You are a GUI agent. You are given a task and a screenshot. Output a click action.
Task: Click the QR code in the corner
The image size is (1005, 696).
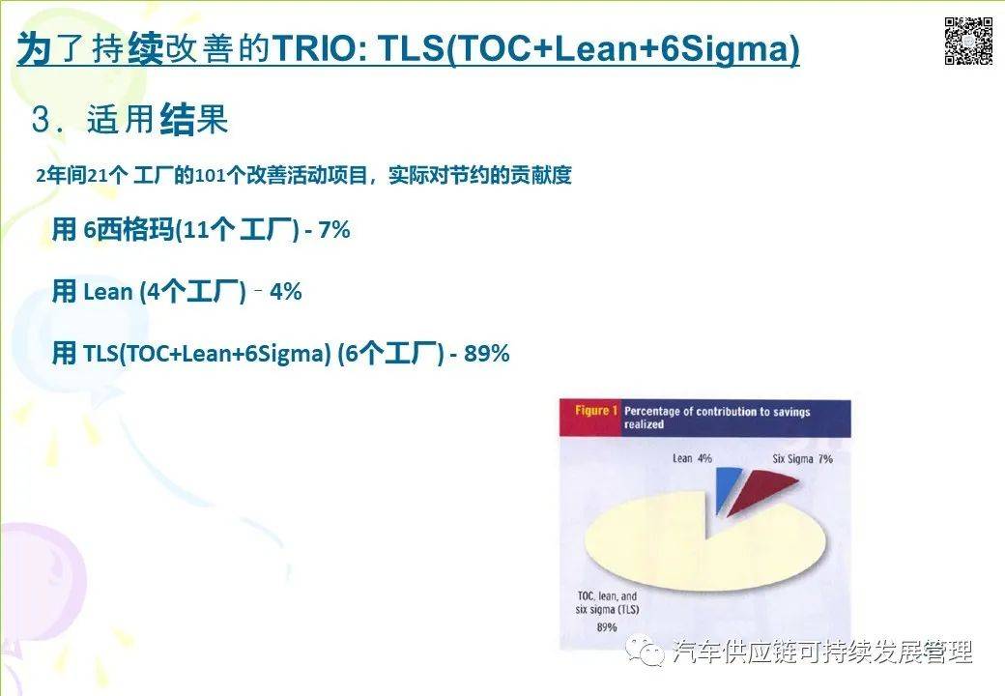coord(968,42)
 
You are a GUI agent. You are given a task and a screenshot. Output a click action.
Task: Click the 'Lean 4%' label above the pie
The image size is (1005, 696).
coord(692,458)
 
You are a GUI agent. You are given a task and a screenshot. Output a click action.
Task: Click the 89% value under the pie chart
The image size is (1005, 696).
coord(579,626)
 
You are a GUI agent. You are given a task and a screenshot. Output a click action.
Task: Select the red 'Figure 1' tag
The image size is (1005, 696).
coord(591,412)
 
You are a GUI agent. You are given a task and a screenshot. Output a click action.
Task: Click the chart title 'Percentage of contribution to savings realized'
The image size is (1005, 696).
coord(717,418)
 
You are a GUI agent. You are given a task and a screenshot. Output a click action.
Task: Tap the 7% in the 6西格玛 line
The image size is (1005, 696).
coord(333,231)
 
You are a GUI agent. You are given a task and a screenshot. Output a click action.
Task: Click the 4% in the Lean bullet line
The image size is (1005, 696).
coord(286,292)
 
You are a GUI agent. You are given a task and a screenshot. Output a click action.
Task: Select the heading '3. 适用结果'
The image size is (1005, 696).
coord(130,121)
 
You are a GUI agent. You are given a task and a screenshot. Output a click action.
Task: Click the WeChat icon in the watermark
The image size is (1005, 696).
coord(644,652)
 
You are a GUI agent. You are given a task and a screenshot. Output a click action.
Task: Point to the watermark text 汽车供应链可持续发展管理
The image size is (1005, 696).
coord(821,652)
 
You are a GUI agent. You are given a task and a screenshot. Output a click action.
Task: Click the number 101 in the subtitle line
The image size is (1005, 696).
coord(210,176)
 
